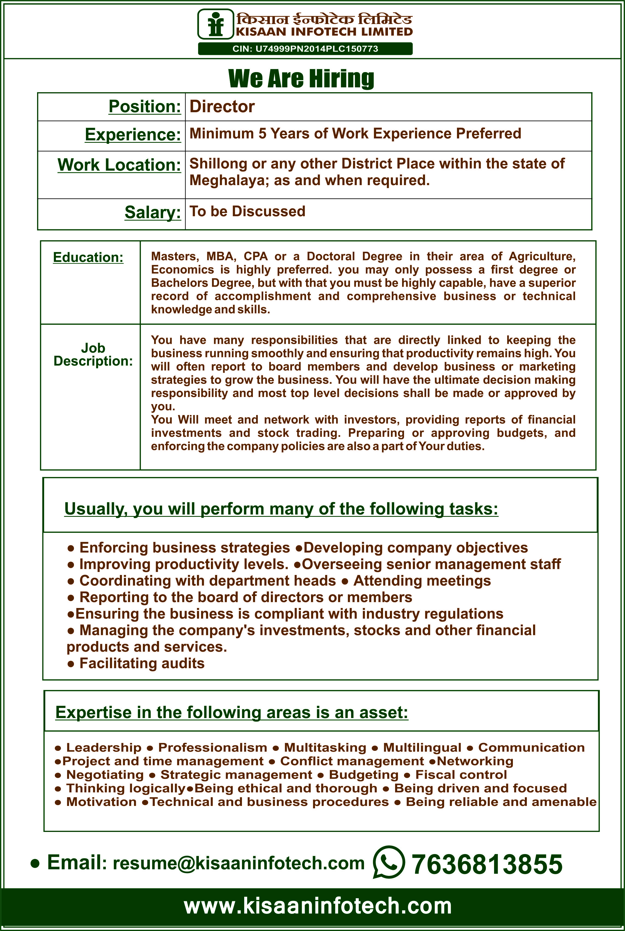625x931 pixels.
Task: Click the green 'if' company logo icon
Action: coord(216,24)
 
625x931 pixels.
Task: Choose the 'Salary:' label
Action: coord(153,212)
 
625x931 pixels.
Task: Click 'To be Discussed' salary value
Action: coord(247,211)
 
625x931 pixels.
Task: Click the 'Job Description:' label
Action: coord(93,355)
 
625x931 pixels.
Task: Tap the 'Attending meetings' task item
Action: coord(422,581)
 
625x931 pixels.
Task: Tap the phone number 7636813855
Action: coord(487,864)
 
